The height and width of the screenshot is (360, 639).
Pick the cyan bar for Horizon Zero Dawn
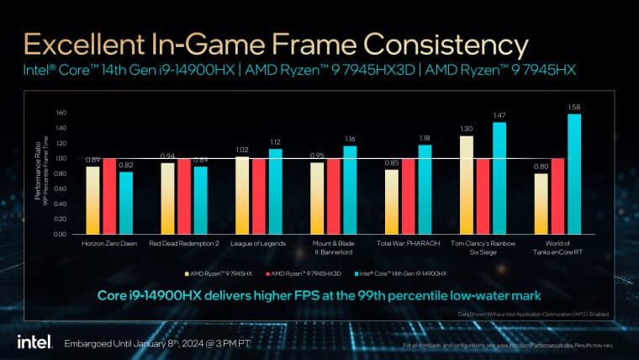(126, 203)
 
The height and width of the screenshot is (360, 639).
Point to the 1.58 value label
(574, 106)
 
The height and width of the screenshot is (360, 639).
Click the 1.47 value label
(499, 114)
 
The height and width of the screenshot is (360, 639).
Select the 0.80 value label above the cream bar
(540, 166)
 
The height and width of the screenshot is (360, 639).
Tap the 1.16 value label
(350, 138)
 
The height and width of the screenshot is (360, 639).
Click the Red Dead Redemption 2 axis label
(183, 243)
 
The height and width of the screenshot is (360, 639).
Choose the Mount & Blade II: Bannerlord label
(333, 247)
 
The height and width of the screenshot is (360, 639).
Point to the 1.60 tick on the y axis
(60, 112)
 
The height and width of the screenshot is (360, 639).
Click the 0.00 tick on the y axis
(60, 234)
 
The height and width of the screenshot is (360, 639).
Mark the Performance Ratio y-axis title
(40, 172)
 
